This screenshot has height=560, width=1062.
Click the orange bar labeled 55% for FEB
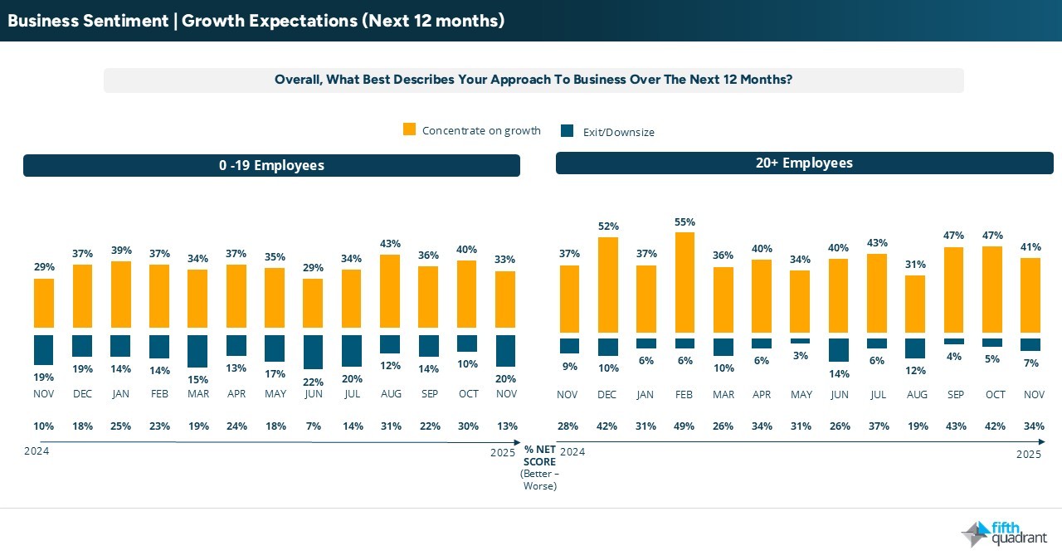coord(684,282)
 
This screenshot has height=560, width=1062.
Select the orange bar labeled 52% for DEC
coord(607,285)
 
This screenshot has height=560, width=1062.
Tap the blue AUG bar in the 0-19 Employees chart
coord(390,343)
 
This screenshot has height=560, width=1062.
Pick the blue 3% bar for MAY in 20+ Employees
coord(800,341)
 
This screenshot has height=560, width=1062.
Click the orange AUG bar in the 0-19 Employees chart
coord(390,290)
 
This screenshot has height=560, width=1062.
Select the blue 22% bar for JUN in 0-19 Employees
coord(313,352)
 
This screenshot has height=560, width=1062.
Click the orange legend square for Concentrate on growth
coord(409,129)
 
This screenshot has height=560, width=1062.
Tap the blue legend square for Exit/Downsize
coord(568,131)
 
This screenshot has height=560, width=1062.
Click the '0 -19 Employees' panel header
coord(271,165)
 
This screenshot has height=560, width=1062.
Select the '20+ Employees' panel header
coord(804,163)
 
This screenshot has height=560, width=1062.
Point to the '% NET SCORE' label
coord(539,455)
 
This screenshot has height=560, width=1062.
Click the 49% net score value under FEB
coord(684,426)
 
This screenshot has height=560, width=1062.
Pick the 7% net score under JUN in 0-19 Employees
coord(313,426)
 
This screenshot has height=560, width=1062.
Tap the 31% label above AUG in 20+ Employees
coord(915,265)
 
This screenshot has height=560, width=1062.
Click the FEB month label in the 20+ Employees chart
coord(684,395)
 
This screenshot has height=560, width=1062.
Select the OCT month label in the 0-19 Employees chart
coord(467,394)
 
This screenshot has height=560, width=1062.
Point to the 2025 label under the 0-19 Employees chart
coord(503,452)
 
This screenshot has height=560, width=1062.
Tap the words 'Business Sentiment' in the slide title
coord(87,21)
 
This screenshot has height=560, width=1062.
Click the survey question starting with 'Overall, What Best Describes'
coord(533,80)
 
